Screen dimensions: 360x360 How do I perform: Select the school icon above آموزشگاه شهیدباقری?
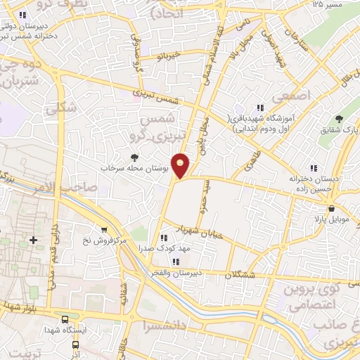pos(260,108)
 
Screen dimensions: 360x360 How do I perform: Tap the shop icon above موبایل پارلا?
pos(331,208)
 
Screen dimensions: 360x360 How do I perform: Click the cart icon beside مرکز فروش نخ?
pos(104,229)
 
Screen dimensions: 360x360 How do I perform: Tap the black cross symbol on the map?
pos(33,240)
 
